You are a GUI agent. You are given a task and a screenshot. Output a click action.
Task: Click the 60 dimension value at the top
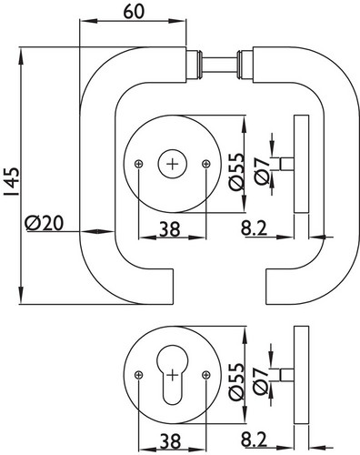pos(134,12)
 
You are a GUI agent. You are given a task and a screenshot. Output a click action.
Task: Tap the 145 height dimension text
pos(13,181)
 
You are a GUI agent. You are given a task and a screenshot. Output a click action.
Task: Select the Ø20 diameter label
pos(45,223)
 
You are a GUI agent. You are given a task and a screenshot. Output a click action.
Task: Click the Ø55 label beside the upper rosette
pos(236,171)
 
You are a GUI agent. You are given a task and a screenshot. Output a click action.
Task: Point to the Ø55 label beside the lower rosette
pos(236,381)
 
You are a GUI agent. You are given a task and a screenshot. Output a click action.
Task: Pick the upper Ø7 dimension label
pos(262,171)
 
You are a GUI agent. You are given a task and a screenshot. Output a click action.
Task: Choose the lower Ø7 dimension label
pos(262,381)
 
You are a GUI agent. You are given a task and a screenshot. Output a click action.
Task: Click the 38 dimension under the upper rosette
pos(170,229)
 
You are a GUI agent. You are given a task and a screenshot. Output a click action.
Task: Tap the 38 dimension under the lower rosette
pos(170,440)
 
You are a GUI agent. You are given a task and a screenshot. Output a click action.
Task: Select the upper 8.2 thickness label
pos(254,228)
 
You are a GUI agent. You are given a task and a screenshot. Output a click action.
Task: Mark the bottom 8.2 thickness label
pos(254,440)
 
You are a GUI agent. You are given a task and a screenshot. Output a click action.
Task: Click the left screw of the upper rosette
pos(138,164)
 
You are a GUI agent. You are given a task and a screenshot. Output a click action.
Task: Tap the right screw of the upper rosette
pos(206,164)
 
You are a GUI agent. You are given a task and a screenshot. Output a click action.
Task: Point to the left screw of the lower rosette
pos(138,375)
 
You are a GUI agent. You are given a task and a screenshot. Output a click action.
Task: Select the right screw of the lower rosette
pos(206,375)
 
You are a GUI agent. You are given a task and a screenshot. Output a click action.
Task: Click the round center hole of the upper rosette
pos(173,164)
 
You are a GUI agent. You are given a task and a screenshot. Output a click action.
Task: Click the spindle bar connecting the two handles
pos(219,65)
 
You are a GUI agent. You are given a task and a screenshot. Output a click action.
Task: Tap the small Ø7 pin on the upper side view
pos(286,164)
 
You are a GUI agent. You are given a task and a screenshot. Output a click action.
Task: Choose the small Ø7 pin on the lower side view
pos(286,375)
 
